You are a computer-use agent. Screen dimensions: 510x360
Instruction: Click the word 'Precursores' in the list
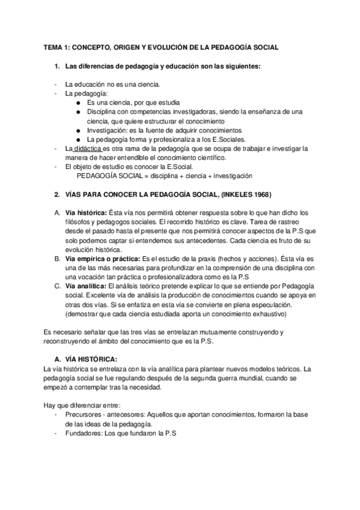coord(83,414)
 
